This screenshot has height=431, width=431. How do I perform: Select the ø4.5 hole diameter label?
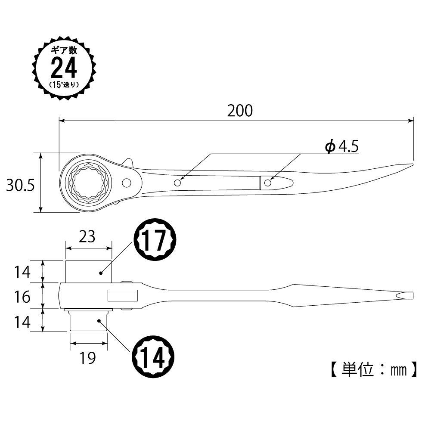tap(341, 147)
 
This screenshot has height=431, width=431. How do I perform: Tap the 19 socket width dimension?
tap(87, 358)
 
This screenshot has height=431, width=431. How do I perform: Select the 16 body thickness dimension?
tap(21, 296)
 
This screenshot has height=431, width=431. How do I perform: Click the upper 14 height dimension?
tap(21, 272)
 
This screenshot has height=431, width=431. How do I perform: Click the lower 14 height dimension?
tap(21, 322)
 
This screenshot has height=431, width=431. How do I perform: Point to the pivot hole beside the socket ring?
tap(126, 183)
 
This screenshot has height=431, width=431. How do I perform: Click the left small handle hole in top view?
tap(177, 183)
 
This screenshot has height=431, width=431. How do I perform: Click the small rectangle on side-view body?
tap(122, 296)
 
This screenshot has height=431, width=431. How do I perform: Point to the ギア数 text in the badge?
tap(64, 50)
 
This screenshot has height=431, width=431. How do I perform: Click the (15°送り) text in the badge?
tap(64, 84)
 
